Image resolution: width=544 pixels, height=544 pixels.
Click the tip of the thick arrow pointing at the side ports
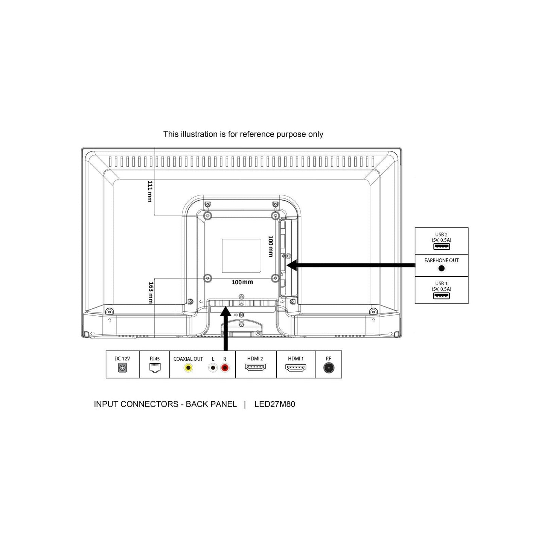point(286,265)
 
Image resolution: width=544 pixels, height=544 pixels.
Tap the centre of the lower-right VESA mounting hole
point(275,278)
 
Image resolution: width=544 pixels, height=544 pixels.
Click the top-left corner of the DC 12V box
point(106,351)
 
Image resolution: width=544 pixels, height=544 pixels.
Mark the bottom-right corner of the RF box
point(341,378)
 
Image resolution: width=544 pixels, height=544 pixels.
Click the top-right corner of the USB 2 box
point(468,228)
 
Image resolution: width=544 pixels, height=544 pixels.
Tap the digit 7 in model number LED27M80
point(273,404)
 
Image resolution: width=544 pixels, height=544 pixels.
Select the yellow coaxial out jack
point(188,368)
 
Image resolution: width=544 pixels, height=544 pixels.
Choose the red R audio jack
point(225,368)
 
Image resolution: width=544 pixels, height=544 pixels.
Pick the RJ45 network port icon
point(155,368)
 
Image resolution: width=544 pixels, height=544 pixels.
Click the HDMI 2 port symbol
point(255,367)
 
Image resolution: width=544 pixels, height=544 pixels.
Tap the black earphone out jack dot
point(441,268)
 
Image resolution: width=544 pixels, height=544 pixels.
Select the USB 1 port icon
point(441,296)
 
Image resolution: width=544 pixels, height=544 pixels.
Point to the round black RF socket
point(329,368)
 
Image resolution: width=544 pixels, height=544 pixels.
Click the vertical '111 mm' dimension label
point(150,191)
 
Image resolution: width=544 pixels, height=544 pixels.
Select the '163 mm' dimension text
point(151,293)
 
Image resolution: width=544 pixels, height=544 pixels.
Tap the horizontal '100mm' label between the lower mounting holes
point(242,282)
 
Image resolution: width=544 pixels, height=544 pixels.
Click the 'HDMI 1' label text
point(296,358)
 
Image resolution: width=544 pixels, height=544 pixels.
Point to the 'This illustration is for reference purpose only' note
point(243,134)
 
